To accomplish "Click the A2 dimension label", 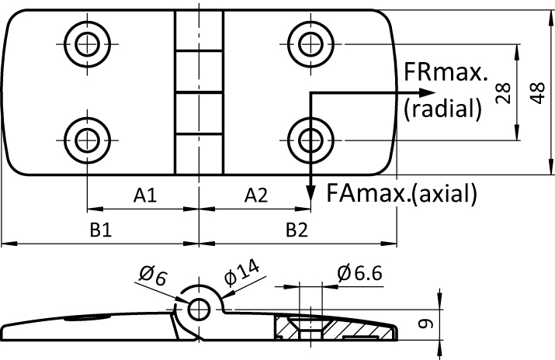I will pos(255,197).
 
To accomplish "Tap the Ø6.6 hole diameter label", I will pos(359,272).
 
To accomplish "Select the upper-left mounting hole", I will pos(85,40).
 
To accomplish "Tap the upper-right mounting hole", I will pos(309,40).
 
